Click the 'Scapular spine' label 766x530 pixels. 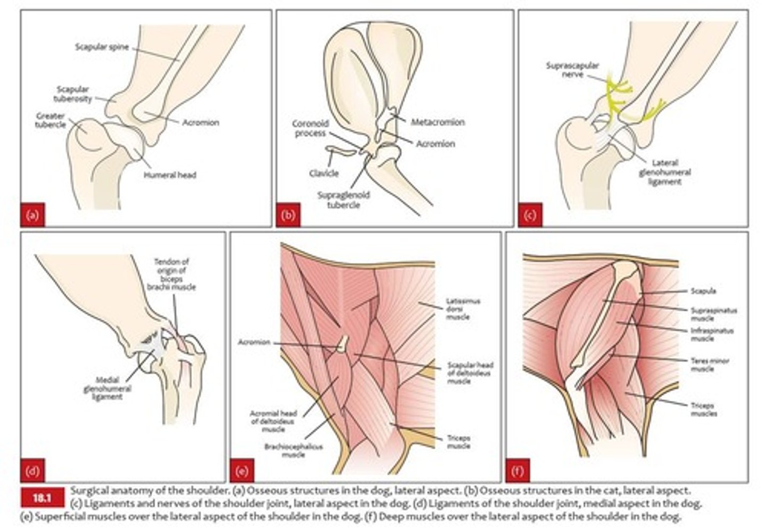tap(102, 47)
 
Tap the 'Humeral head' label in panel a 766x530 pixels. tap(170, 175)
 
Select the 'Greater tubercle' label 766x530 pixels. tap(51, 120)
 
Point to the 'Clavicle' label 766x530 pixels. tap(323, 173)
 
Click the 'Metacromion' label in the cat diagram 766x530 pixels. tap(438, 122)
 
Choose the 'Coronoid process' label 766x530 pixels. tap(311, 128)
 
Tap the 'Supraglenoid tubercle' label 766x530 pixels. tap(344, 200)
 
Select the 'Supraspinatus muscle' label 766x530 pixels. tap(713, 314)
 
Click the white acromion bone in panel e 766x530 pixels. tap(343, 343)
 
